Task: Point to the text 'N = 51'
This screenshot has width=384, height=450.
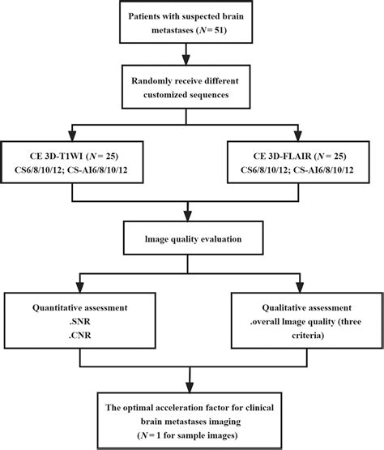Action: point(224,30)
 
